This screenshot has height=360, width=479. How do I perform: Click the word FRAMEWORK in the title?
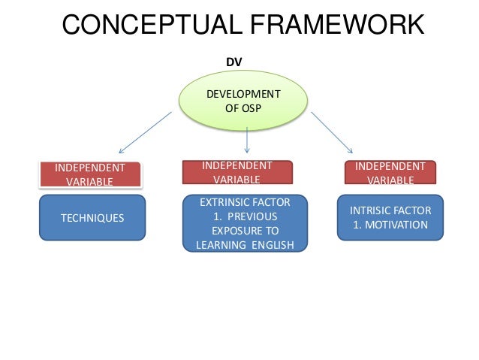[x=328, y=27]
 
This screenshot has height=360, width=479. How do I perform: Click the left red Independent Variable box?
[x=90, y=174]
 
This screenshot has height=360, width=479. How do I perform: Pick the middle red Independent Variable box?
[x=237, y=171]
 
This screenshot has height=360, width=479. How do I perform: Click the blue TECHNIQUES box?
[x=92, y=218]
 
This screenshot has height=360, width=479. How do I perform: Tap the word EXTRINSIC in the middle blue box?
[x=221, y=201]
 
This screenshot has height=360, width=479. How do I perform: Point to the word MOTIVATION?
[x=399, y=225]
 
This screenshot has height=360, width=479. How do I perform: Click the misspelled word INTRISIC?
[x=372, y=210]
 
